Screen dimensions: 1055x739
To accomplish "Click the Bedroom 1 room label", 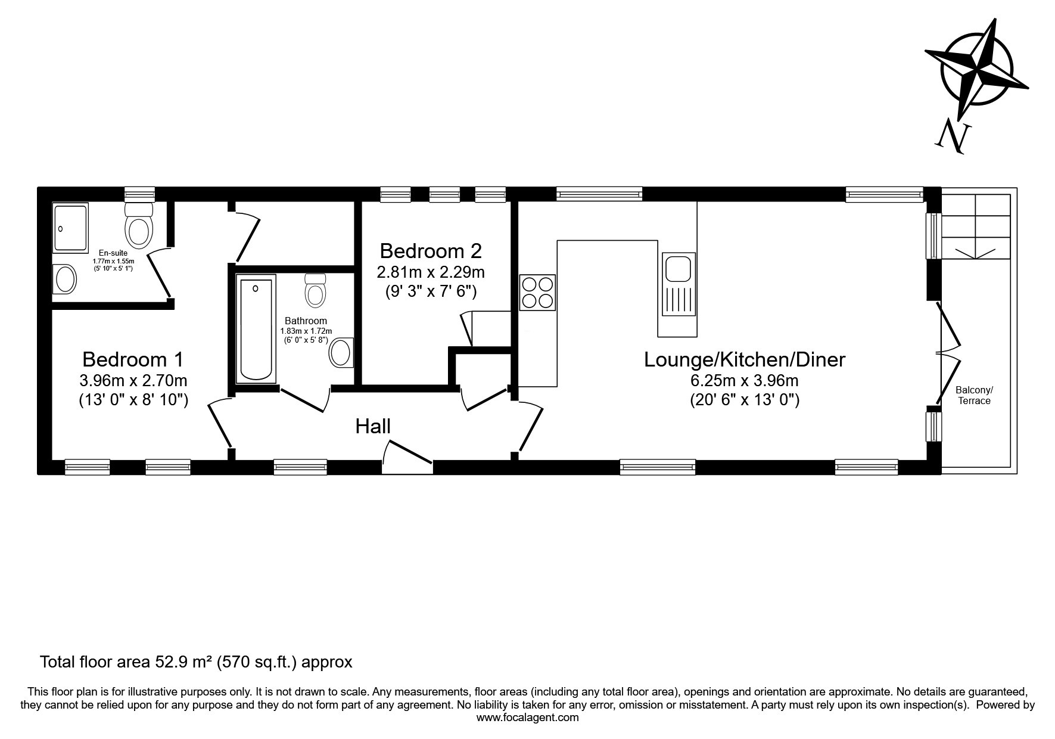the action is pos(133,359).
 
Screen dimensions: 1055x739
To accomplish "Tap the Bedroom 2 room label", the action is pos(430,250).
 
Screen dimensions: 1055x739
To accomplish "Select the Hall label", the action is pos(373,426).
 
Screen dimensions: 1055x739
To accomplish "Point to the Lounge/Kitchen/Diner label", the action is pos(745,359).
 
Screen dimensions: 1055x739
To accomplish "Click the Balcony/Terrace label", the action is pos(974,395).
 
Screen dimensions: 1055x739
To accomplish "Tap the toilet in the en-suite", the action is pos(138,225).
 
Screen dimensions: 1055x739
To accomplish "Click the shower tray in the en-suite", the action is pos(70,228).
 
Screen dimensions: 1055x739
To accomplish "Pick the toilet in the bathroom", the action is pos(315,289).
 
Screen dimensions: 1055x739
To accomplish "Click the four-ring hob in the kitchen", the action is pos(537,293).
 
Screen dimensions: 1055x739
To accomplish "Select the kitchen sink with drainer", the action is pos(679,284).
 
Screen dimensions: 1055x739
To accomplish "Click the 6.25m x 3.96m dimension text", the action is pos(745,380).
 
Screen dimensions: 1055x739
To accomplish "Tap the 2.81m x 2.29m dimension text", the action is pos(430,272).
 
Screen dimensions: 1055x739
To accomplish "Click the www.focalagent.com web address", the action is pos(528,718).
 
